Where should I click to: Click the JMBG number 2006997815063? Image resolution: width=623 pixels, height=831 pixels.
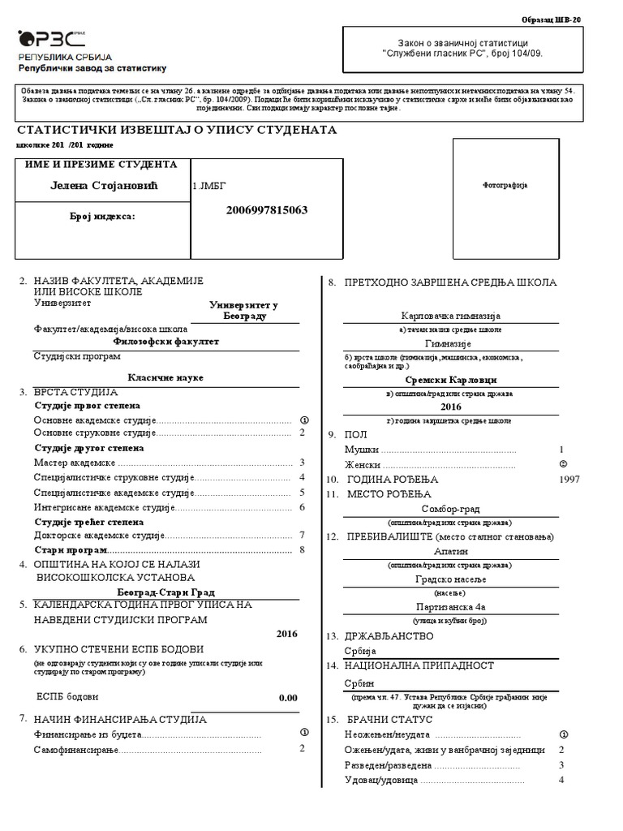(x=260, y=210)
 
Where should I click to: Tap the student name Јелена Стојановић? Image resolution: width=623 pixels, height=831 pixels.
(x=102, y=187)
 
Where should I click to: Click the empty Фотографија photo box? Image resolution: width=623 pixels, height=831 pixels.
(x=505, y=185)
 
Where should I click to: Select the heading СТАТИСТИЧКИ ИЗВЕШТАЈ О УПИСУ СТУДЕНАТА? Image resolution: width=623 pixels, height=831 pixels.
(x=176, y=130)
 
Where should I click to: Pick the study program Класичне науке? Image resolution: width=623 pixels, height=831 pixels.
(x=165, y=378)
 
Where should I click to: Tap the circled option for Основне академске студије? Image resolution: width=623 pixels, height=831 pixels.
(x=303, y=420)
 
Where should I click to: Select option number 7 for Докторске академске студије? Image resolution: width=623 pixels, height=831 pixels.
(x=302, y=536)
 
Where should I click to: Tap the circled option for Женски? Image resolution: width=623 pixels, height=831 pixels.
(x=562, y=464)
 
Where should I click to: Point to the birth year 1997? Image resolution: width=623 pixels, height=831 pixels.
(x=570, y=480)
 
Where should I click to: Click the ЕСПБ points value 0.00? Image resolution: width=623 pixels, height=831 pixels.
(x=288, y=697)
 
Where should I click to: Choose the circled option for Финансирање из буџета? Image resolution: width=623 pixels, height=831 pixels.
(x=303, y=732)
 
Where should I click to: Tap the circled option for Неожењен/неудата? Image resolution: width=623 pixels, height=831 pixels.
(x=562, y=734)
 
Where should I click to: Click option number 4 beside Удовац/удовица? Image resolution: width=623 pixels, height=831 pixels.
(x=561, y=780)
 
